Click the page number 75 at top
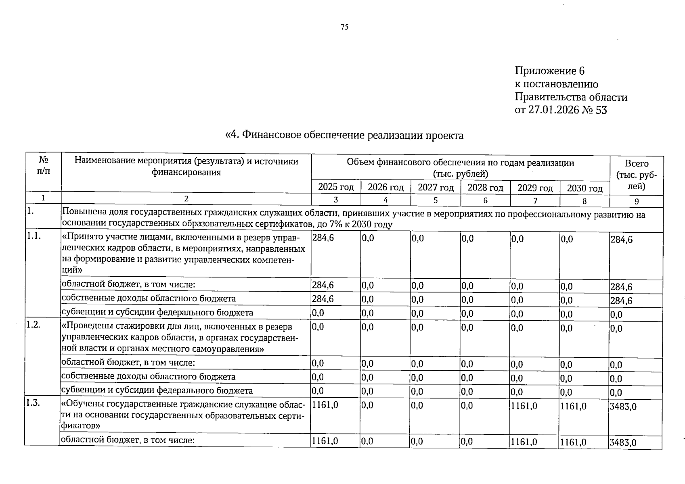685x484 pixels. tap(344, 27)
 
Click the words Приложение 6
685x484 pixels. tap(549, 71)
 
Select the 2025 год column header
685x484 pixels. tap(336, 187)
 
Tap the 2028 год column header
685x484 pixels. tap(485, 188)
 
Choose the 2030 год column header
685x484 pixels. tap(584, 188)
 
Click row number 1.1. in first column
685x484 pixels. tap(34, 237)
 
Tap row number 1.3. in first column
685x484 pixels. tap(34, 403)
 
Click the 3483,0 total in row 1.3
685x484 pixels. tap(623, 407)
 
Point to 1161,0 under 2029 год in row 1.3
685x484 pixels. tap(524, 406)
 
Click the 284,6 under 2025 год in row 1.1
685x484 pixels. tap(323, 238)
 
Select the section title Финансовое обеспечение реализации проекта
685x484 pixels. tap(344, 135)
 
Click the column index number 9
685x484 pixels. tap(637, 200)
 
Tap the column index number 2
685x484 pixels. tap(186, 199)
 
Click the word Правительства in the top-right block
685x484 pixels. tap(546, 97)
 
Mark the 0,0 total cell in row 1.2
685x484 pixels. tap(616, 329)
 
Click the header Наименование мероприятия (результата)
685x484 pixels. tap(186, 161)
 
